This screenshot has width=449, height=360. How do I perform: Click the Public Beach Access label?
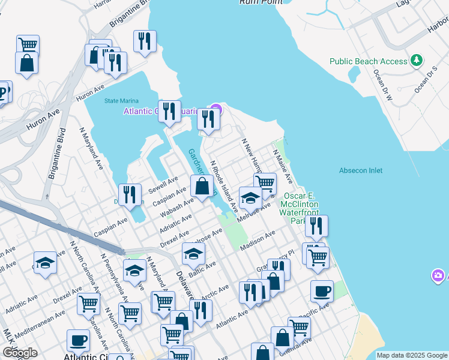(368, 61)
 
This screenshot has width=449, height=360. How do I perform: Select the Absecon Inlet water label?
(360, 170)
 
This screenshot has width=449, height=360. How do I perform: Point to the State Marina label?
(121, 100)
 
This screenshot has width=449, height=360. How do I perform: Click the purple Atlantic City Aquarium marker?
(217, 109)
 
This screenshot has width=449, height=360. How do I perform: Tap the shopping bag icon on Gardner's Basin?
(202, 187)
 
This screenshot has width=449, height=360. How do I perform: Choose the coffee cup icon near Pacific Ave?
(322, 292)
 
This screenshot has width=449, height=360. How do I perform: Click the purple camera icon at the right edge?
(439, 275)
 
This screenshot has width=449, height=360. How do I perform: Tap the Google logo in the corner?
(20, 352)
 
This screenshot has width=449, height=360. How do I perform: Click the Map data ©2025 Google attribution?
(411, 355)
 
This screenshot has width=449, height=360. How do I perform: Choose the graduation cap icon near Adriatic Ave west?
(45, 263)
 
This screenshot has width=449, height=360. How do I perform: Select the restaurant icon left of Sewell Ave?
(130, 195)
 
